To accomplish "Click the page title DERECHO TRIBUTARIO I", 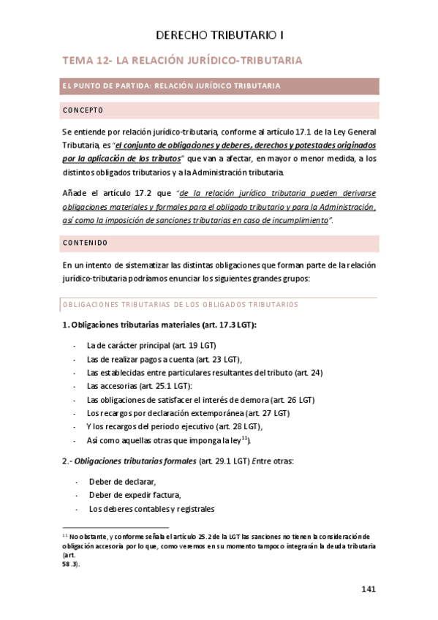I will pyautogui.click(x=219, y=34).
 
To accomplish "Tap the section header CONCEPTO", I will pyautogui.click(x=83, y=110).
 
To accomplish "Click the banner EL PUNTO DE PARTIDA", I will pyautogui.click(x=171, y=86).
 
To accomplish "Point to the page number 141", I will pyautogui.click(x=369, y=589).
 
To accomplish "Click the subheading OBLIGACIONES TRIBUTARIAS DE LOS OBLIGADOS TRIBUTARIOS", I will pyautogui.click(x=179, y=304).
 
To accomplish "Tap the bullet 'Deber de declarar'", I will pyautogui.click(x=123, y=481).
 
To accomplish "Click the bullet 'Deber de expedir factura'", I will pyautogui.click(x=135, y=495).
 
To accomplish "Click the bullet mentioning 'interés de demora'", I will pyautogui.click(x=200, y=400).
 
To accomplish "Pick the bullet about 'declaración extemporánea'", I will pyautogui.click(x=189, y=413).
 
